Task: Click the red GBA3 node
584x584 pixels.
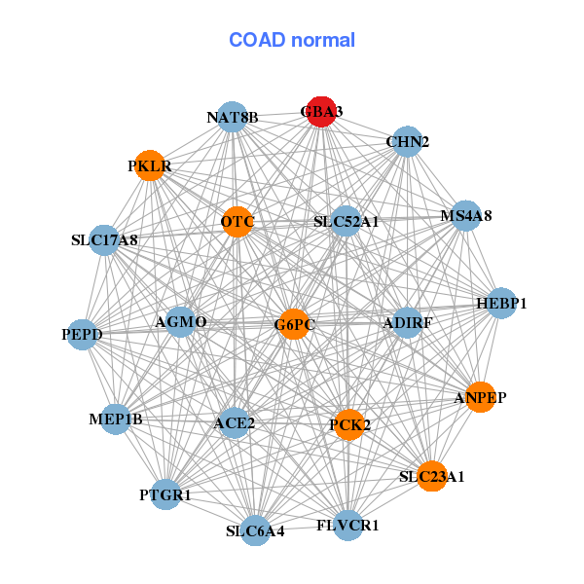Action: [321, 112]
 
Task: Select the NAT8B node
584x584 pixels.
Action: [232, 118]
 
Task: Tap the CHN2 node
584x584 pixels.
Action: [407, 141]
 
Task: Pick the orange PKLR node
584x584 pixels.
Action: [149, 165]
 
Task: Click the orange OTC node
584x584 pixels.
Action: [237, 223]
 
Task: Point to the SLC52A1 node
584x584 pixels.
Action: [346, 222]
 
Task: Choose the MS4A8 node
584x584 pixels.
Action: [466, 215]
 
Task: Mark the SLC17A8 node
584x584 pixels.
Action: [104, 239]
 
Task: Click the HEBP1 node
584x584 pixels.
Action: [501, 304]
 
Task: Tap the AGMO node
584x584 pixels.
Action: [180, 321]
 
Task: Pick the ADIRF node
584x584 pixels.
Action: [407, 322]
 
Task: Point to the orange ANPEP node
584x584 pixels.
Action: [480, 397]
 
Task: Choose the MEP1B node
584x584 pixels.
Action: [115, 420]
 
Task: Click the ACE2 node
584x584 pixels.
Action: [234, 423]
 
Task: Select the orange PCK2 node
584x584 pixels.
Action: [348, 424]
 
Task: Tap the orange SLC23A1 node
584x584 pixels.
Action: [432, 476]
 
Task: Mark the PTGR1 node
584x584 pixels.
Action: [165, 494]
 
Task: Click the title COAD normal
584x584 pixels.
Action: [292, 40]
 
